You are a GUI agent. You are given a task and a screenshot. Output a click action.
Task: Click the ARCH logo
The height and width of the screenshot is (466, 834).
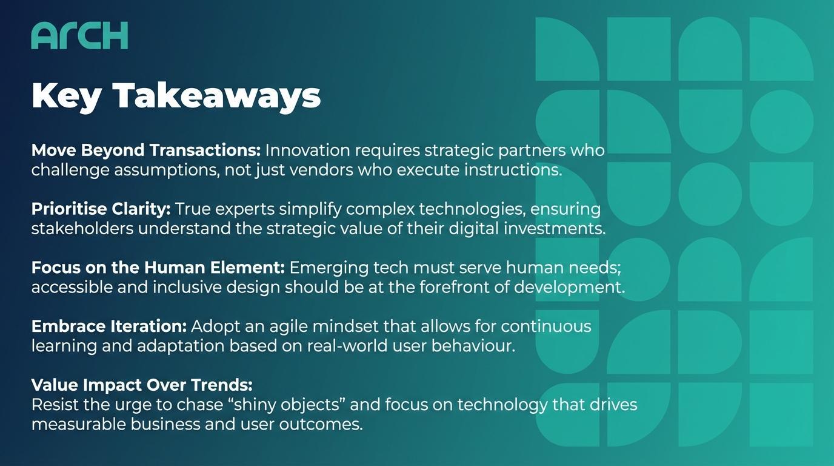(79, 35)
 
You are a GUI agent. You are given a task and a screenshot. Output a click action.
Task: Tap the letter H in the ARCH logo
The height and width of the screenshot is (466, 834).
(116, 35)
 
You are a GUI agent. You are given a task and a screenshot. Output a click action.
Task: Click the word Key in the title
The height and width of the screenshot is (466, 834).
(66, 96)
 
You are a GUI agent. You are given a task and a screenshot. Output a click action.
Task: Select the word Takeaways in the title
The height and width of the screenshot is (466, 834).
(216, 96)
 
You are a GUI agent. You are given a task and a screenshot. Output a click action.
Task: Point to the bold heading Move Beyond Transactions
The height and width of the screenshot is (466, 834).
(146, 150)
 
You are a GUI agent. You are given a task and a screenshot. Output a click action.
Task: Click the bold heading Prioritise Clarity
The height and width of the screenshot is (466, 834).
(101, 209)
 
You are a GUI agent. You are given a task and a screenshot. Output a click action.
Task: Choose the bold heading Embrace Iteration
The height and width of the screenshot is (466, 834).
(109, 326)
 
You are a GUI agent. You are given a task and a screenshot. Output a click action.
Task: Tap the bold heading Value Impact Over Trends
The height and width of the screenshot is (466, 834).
(142, 385)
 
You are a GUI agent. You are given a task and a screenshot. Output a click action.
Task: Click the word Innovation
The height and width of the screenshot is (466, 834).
(307, 150)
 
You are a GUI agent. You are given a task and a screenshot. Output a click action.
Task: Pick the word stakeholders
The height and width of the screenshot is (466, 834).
(82, 229)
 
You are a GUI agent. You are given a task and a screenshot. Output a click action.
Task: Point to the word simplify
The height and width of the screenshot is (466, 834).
(310, 209)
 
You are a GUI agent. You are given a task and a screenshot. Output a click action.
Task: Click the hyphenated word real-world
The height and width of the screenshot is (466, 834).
(347, 346)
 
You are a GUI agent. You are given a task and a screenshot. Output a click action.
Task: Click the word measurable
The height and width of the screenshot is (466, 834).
(79, 424)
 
